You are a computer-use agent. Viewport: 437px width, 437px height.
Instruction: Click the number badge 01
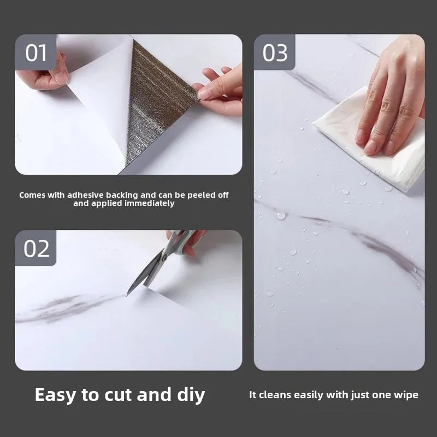[36, 52]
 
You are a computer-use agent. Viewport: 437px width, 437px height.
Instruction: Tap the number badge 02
[36, 248]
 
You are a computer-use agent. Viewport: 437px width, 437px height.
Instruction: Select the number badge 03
[275, 52]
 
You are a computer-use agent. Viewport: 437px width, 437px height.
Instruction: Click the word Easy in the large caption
[56, 395]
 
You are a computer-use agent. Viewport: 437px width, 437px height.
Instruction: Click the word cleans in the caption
[275, 394]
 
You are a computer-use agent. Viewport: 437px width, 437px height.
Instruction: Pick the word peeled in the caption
[200, 195]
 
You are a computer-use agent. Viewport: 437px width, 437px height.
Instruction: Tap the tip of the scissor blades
[127, 296]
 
